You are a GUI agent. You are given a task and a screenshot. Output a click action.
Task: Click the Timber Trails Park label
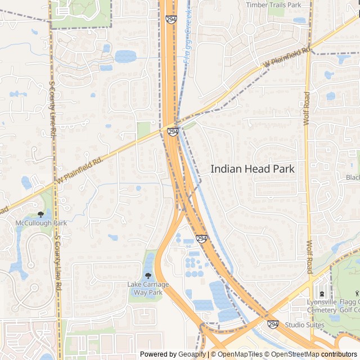click(x=274, y=4)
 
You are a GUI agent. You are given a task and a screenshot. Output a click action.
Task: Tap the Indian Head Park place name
click(x=253, y=168)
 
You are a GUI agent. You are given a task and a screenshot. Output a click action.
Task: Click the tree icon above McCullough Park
click(x=40, y=214)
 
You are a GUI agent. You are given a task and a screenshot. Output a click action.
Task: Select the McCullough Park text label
click(x=41, y=223)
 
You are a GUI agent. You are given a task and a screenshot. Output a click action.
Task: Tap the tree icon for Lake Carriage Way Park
click(x=148, y=276)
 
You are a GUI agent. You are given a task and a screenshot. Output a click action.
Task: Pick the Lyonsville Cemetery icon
click(x=321, y=294)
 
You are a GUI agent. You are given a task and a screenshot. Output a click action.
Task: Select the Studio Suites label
click(x=305, y=325)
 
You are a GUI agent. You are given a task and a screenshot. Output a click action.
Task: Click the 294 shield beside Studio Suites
click(x=273, y=325)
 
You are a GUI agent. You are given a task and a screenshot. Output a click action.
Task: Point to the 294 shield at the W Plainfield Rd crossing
click(x=173, y=132)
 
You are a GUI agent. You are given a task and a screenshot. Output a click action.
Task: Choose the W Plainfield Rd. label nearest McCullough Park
click(x=80, y=169)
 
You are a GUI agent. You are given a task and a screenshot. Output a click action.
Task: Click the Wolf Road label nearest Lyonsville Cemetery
click(x=308, y=258)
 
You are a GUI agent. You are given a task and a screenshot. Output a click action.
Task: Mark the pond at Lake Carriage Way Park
click(x=148, y=264)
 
